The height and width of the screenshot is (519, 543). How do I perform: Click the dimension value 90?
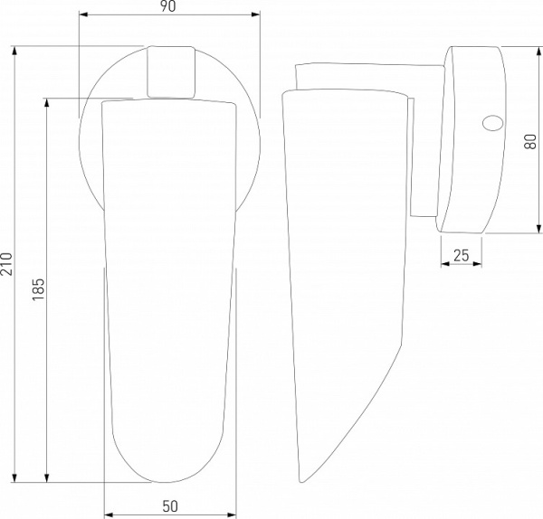[168, 6]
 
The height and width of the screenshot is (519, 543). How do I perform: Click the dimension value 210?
[6, 264]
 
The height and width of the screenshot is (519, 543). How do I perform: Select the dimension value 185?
[38, 289]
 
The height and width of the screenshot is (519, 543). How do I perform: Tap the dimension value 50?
[170, 506]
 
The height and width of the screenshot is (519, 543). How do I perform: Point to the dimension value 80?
[530, 141]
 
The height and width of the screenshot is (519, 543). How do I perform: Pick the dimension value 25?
[462, 255]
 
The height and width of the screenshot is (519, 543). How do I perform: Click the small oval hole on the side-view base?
[492, 123]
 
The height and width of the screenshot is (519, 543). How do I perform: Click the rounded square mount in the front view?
[171, 71]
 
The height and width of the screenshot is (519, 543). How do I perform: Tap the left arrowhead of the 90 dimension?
[83, 14]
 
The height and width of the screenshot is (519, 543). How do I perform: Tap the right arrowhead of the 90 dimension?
[255, 14]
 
